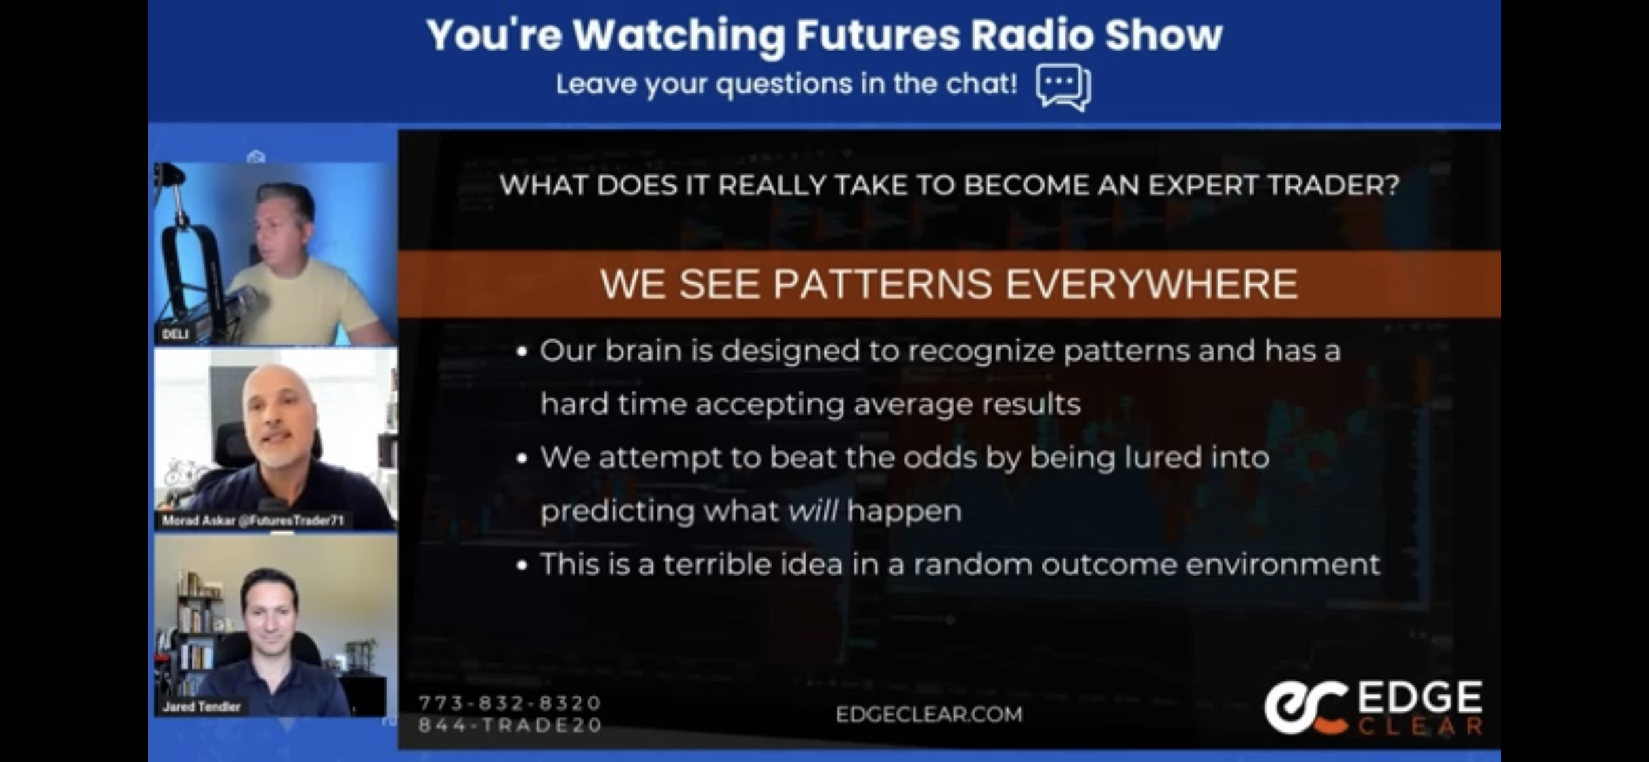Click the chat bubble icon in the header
tap(1063, 87)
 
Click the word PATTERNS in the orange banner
tap(883, 284)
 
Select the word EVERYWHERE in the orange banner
tap(1151, 284)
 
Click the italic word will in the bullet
tap(813, 511)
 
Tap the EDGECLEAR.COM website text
tap(929, 715)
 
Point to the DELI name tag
tap(175, 334)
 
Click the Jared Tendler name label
tap(201, 706)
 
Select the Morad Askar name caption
tap(253, 520)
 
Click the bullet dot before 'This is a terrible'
tap(521, 566)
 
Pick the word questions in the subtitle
tap(785, 85)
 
